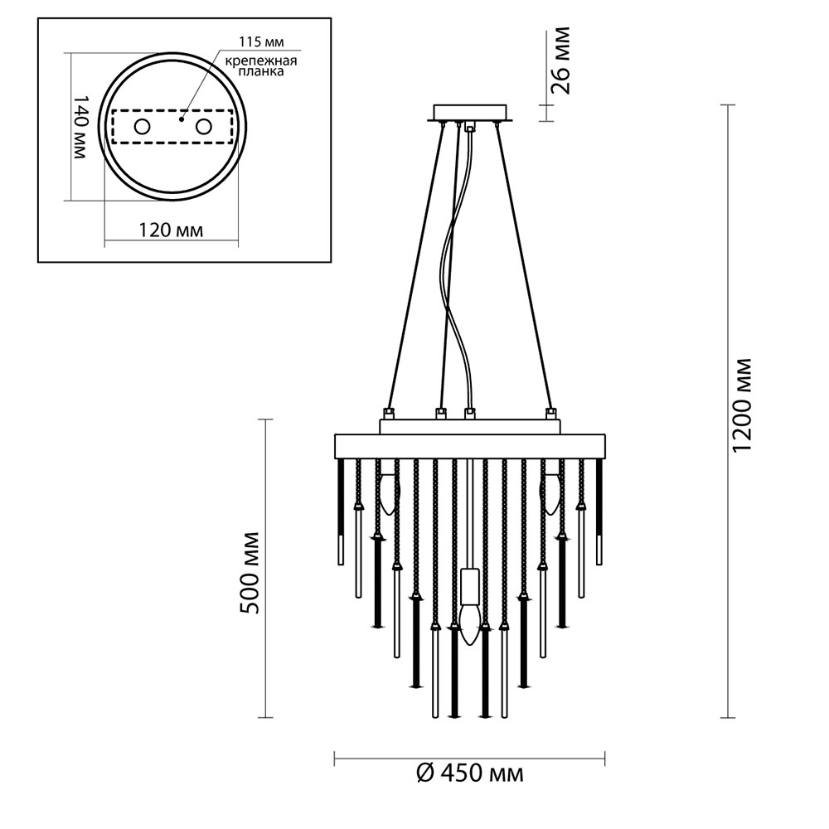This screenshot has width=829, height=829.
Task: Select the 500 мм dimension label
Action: tap(250, 573)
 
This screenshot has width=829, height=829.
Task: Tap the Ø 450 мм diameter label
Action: tap(470, 774)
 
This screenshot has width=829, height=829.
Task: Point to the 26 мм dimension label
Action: tap(560, 60)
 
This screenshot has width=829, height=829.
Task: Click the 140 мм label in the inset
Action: tap(78, 128)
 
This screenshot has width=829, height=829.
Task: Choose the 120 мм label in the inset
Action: tap(170, 230)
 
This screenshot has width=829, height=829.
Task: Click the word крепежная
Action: tap(261, 61)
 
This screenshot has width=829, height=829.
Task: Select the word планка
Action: tap(261, 71)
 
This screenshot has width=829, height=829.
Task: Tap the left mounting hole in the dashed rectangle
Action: tap(142, 127)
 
